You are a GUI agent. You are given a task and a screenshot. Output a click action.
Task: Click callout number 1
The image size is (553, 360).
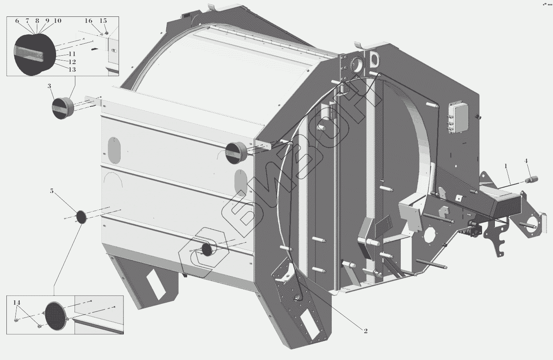click(506, 166)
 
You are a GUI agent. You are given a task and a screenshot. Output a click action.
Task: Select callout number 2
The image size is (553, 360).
click(365, 331)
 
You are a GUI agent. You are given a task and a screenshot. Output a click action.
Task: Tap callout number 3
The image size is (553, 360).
click(49, 86)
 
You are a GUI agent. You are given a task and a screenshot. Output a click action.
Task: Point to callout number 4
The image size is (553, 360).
click(526, 161)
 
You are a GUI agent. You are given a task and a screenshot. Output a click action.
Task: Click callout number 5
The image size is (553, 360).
click(52, 191)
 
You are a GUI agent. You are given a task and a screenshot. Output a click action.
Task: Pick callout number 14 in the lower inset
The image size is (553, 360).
click(17, 302)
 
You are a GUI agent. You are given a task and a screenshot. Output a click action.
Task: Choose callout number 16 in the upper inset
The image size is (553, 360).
click(89, 21)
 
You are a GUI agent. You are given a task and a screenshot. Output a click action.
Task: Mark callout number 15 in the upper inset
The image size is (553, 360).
click(103, 21)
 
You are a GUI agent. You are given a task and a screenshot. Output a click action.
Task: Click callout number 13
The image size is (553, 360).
click(72, 70)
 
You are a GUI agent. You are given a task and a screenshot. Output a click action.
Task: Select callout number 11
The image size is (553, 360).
click(72, 54)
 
